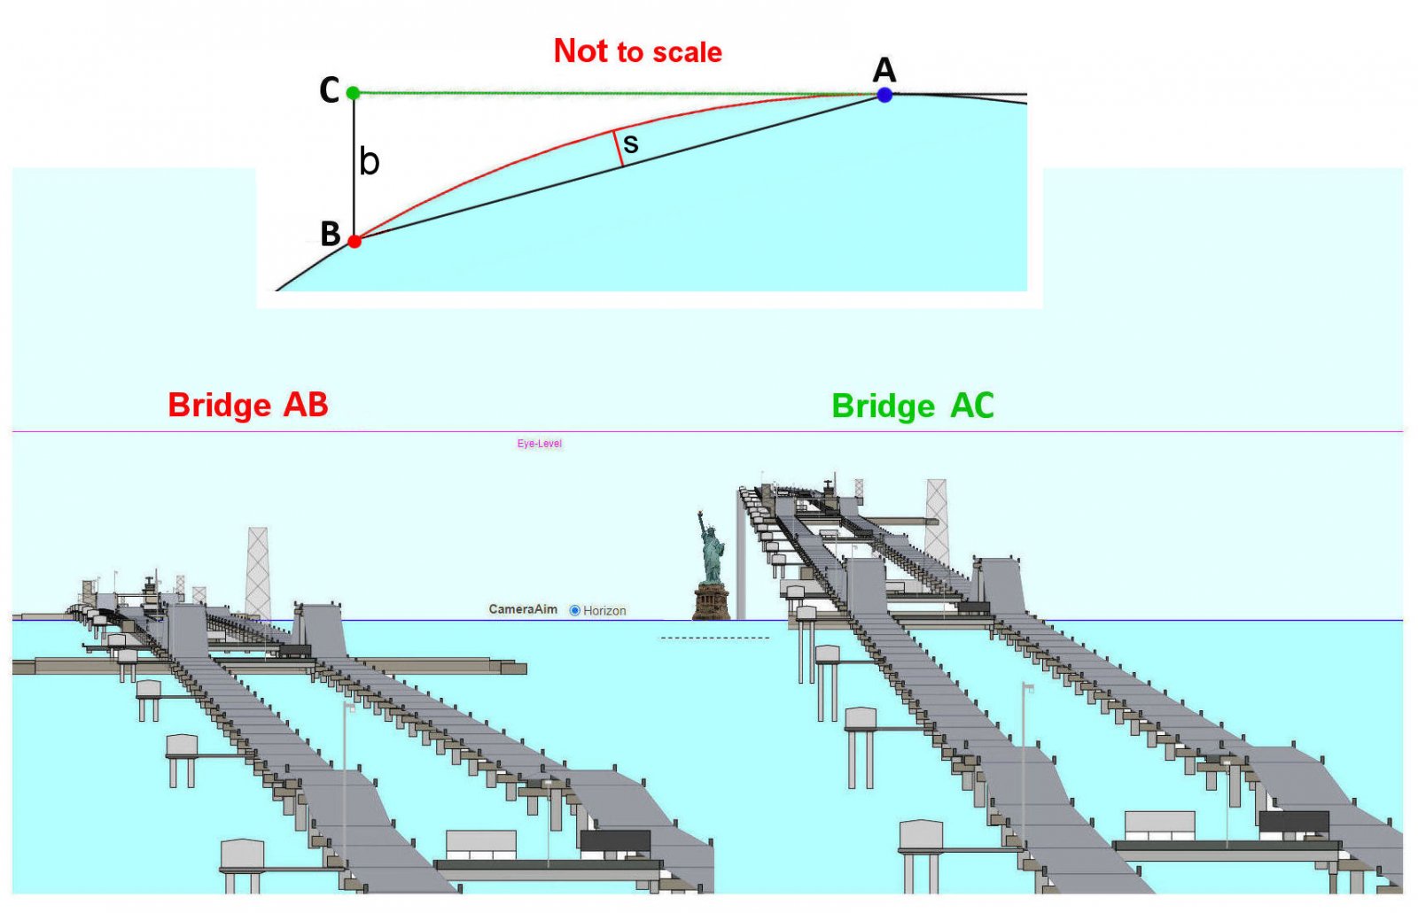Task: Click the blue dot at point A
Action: [884, 95]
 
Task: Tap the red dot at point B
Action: [354, 241]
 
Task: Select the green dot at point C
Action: [354, 93]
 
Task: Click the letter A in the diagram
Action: [884, 70]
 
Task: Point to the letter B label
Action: [330, 234]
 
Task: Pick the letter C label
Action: [329, 89]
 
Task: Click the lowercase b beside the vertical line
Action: [369, 160]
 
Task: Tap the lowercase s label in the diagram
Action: [630, 144]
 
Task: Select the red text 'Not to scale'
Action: [637, 51]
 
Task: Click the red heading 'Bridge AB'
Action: [248, 405]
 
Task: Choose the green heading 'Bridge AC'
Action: [913, 406]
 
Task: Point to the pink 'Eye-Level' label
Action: [540, 444]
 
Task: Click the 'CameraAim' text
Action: [523, 609]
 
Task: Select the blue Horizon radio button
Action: [575, 610]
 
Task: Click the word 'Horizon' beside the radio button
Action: [604, 610]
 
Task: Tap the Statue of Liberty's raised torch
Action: [699, 515]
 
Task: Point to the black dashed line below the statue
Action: [715, 638]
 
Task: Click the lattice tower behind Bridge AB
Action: [258, 573]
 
